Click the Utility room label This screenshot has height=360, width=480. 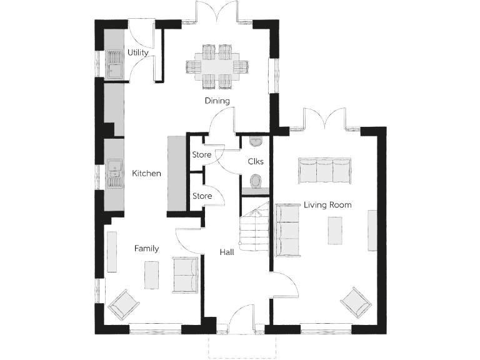click(137, 52)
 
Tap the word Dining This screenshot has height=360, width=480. click(217, 101)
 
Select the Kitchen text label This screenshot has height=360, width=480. click(146, 173)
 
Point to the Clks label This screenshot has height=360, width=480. click(256, 161)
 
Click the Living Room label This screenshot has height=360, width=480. click(327, 204)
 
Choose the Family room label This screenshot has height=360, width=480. click(146, 248)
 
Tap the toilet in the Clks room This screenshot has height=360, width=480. click(256, 181)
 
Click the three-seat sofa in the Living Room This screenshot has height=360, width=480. click(324, 170)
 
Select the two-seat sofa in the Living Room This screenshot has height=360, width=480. click(287, 229)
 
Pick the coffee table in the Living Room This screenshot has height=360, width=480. click(336, 230)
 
